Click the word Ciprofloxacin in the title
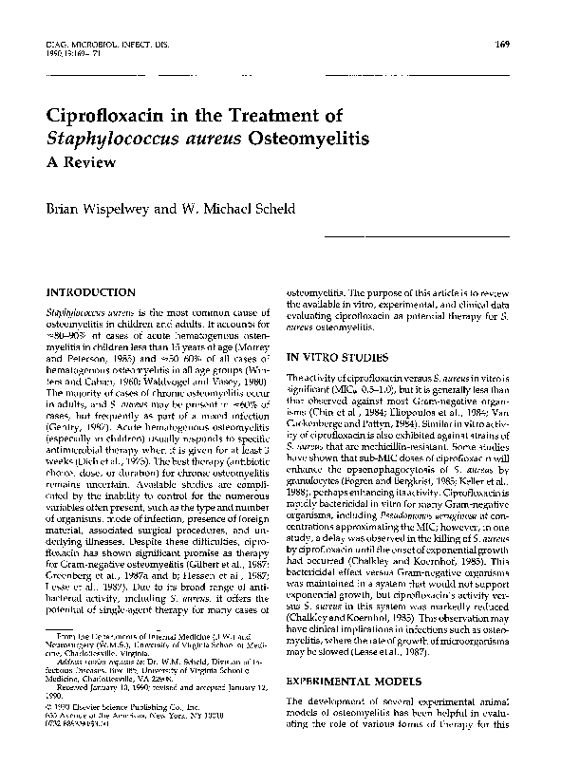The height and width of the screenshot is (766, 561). (x=109, y=117)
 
